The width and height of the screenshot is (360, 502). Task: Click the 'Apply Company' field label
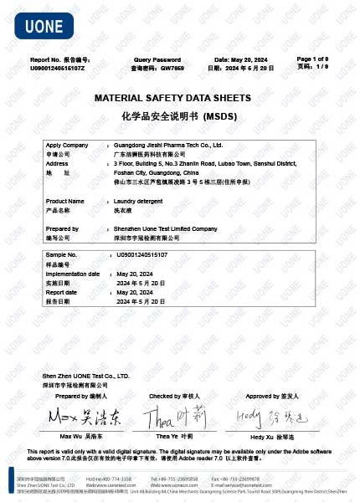(67, 145)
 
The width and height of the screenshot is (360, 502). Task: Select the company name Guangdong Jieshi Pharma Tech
(168, 145)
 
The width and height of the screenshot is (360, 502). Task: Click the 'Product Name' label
(64, 202)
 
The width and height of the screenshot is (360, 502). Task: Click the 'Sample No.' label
(61, 254)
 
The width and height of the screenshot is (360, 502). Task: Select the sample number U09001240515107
(141, 254)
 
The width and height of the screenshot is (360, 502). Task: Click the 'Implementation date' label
(73, 274)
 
